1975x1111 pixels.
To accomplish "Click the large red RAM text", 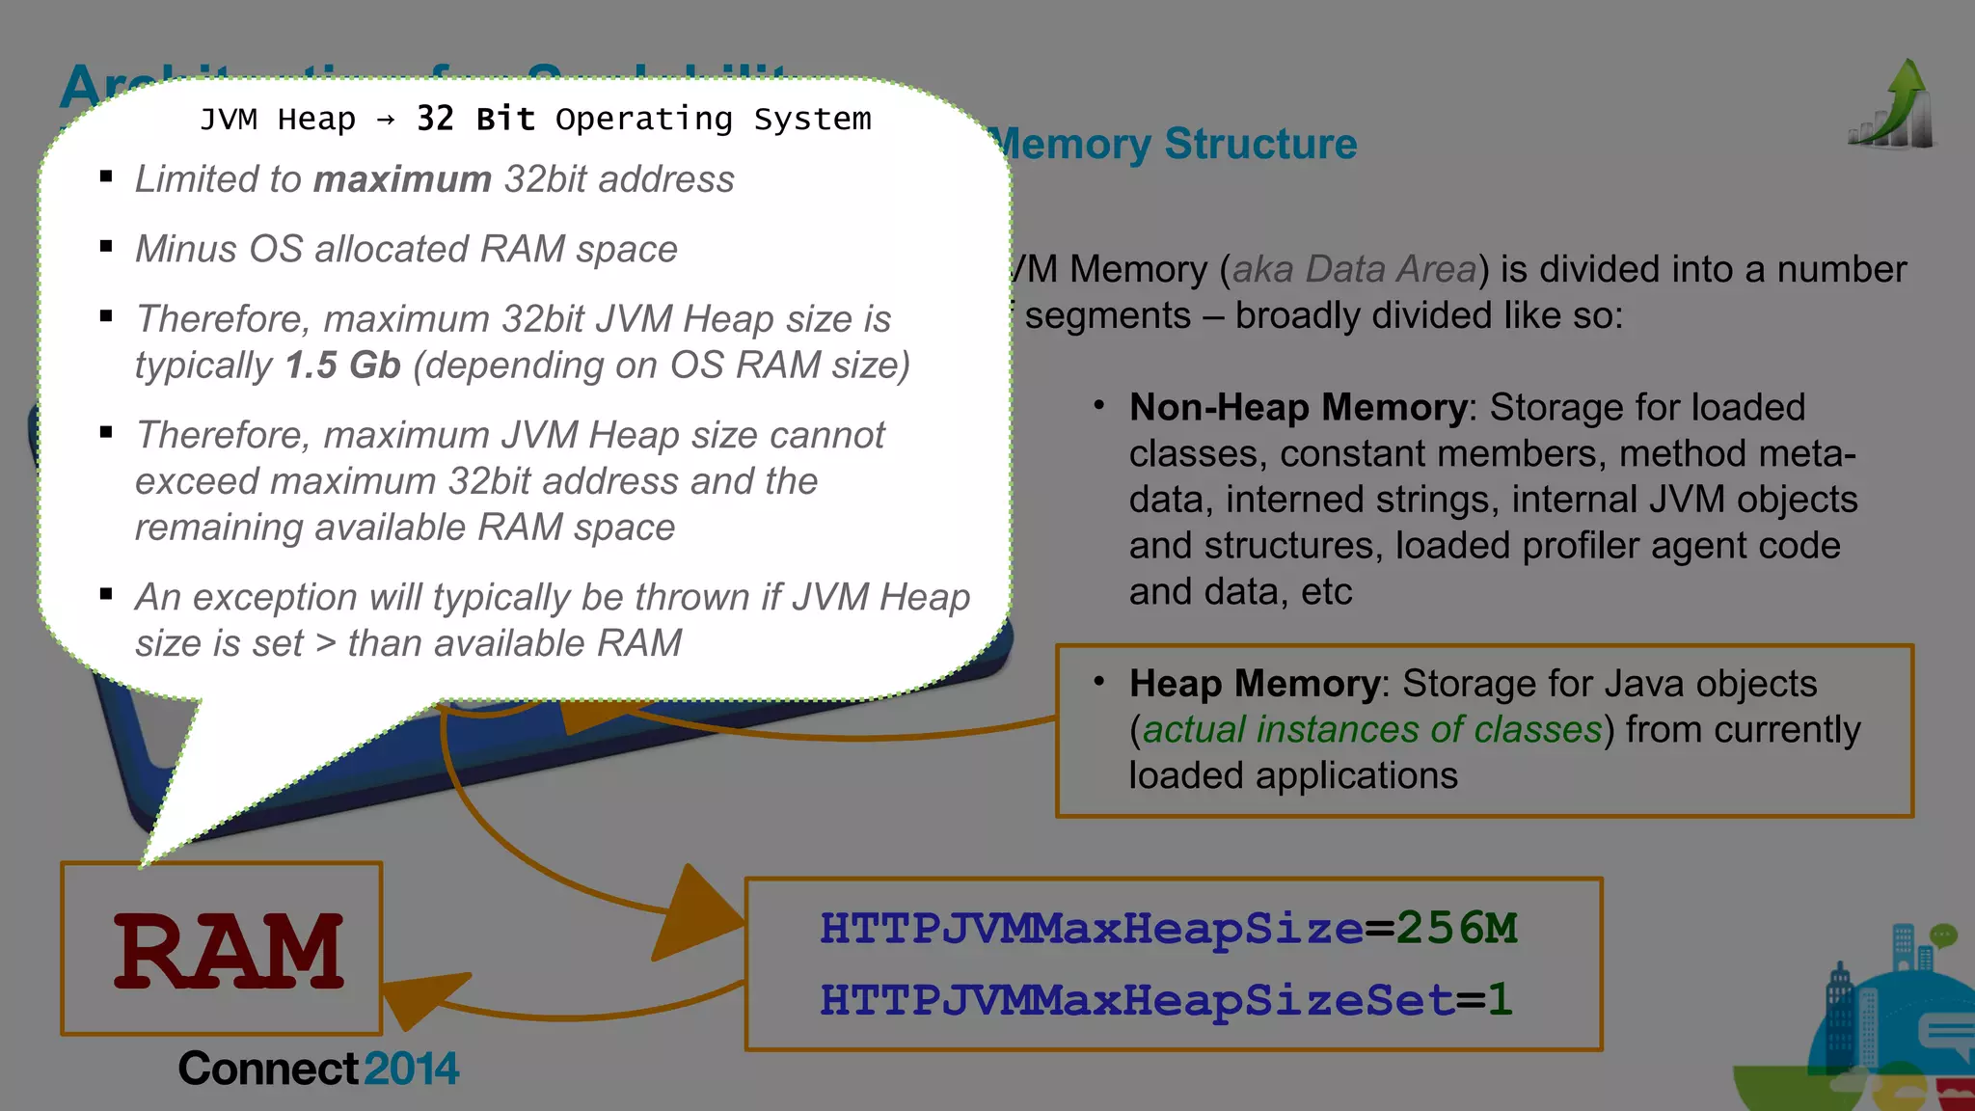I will pos(229,951).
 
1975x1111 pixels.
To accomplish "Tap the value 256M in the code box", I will pos(1456,928).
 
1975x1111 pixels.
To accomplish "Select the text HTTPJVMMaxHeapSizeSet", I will pos(1136,999).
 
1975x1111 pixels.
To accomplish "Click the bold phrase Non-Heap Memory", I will pos(1297,407).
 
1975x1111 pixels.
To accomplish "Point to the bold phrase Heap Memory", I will pos(1254,683).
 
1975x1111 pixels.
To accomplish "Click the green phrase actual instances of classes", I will pos(1371,729).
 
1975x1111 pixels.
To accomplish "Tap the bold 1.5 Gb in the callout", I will pos(342,366).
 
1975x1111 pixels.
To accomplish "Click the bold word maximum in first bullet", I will pos(402,179).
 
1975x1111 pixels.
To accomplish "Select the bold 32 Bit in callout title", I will pos(474,119).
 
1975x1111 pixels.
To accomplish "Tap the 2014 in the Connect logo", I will pos(412,1069).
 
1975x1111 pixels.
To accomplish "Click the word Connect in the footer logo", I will pos(268,1069).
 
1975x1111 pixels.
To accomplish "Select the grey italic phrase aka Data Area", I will pos(1354,269).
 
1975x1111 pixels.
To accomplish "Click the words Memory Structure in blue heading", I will pos(1175,144).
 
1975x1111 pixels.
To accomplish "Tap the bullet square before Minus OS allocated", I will pos(106,247).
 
